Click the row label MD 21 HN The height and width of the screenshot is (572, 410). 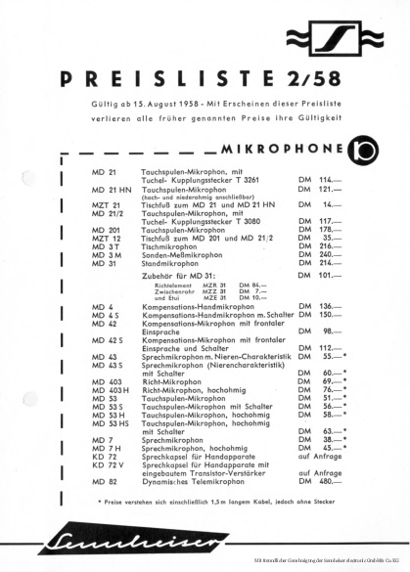point(112,190)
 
